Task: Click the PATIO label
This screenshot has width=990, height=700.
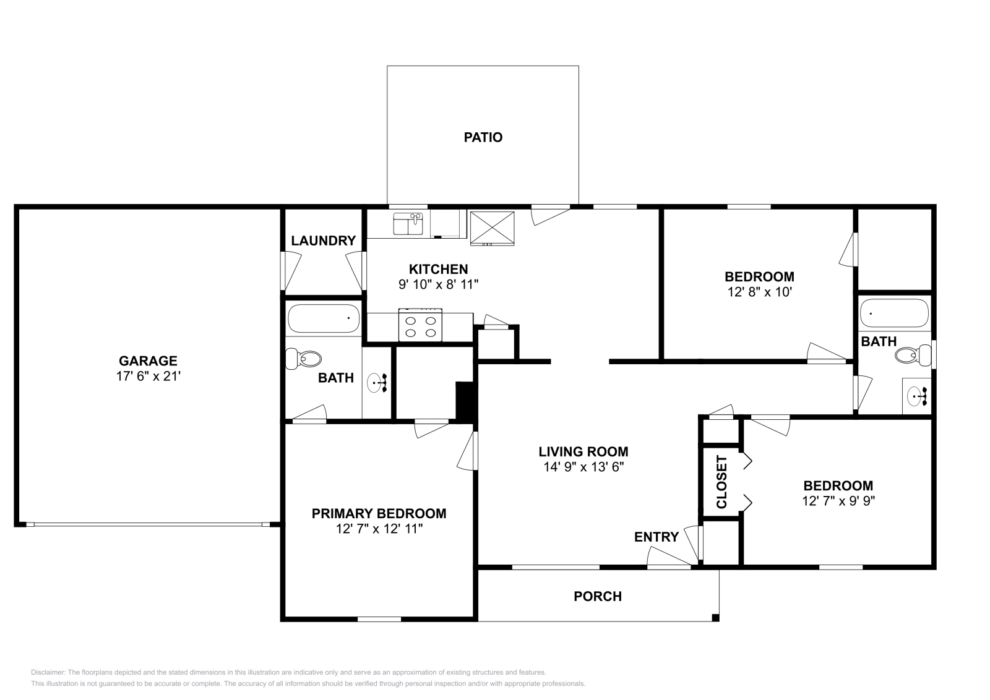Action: point(483,137)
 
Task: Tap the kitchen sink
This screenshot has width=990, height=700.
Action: point(408,224)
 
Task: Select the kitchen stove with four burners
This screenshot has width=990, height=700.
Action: point(420,325)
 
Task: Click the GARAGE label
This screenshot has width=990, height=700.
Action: point(148,361)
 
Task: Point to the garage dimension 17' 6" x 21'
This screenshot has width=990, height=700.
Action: point(148,376)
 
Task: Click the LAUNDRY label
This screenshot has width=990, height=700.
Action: point(324,241)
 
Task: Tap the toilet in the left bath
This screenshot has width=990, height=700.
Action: point(303,359)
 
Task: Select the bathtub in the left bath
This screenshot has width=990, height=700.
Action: point(324,318)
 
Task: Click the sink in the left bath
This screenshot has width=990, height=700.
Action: point(377,382)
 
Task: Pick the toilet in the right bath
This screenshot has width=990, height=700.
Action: point(913,355)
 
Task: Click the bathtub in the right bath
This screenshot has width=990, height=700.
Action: point(895,313)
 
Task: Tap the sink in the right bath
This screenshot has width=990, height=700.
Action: point(918,396)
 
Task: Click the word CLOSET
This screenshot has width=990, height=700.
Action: point(721,482)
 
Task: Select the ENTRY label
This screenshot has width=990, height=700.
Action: point(656,537)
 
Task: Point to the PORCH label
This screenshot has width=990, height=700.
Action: point(598,597)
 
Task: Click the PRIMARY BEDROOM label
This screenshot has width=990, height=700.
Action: point(379,514)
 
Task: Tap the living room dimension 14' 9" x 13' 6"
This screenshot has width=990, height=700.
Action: point(583,467)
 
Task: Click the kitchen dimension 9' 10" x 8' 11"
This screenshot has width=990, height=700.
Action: point(439,284)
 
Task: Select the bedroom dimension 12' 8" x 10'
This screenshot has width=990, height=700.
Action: point(759,292)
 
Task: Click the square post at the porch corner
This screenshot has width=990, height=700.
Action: point(715,618)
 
